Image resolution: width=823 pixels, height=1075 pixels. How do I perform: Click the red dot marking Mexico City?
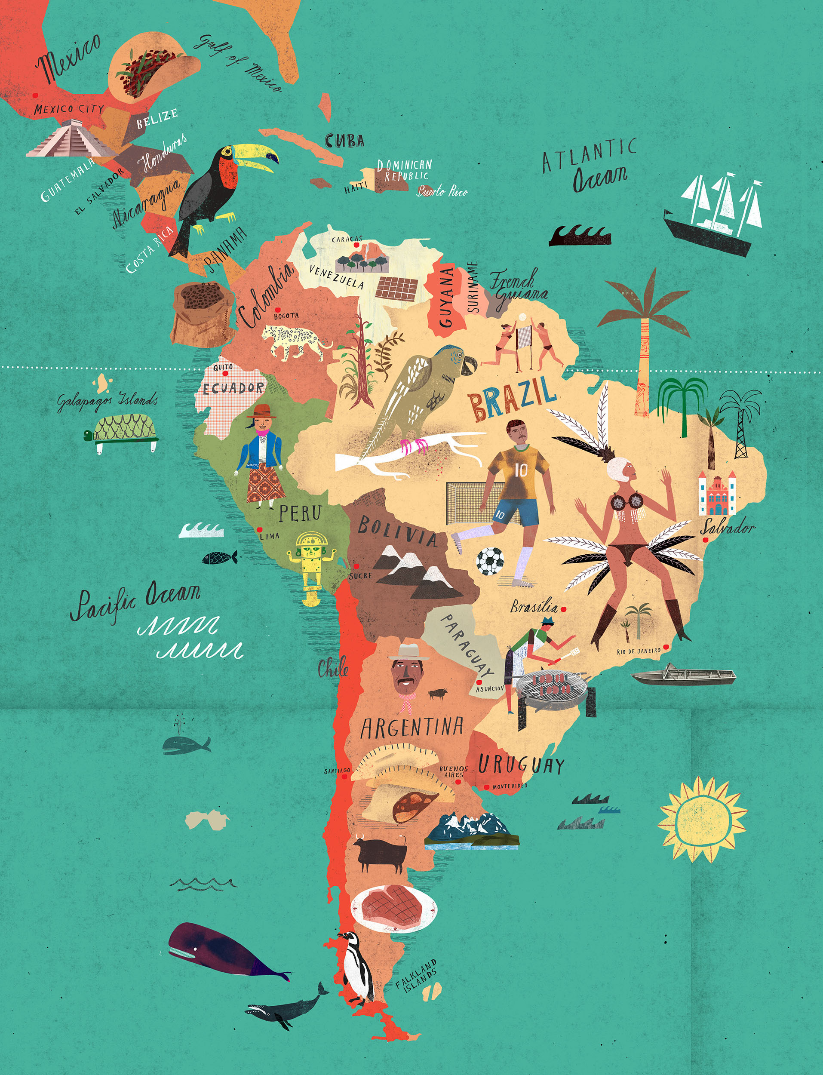point(35,95)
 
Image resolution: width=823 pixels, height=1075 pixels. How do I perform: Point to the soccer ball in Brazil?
point(490,561)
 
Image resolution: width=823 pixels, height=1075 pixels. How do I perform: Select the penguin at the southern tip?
point(357,967)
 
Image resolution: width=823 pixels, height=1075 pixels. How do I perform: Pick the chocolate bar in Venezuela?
point(397,288)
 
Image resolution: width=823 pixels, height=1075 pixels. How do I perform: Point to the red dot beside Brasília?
point(563,609)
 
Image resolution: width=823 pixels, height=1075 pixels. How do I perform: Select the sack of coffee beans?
point(202,313)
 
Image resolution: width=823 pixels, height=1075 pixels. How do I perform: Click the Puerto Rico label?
point(442,191)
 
